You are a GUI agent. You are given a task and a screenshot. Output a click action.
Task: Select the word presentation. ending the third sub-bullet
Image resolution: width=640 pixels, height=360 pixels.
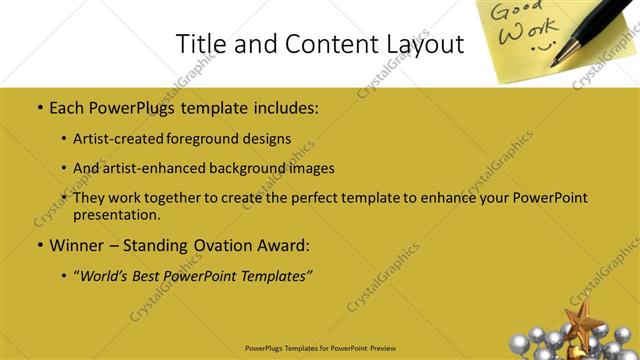pyautogui.click(x=116, y=214)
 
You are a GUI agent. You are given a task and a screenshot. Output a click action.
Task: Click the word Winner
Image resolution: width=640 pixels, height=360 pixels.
pyautogui.click(x=77, y=244)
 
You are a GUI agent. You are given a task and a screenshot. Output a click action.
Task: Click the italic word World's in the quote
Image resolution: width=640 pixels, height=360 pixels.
pyautogui.click(x=107, y=275)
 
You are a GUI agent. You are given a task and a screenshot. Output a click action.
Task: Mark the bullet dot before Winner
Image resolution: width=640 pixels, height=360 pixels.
pyautogui.click(x=39, y=245)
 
